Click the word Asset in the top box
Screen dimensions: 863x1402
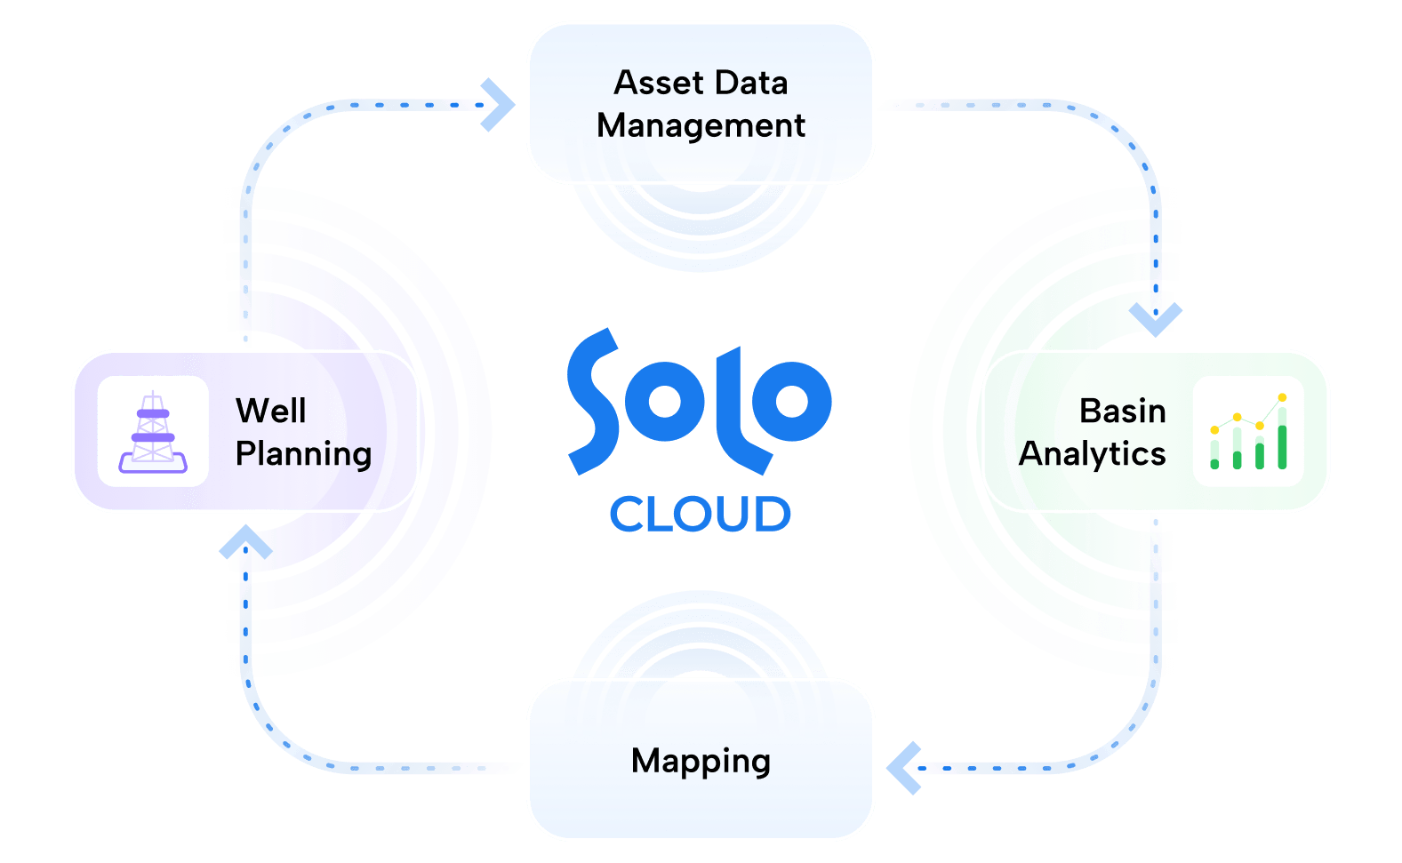click(x=654, y=83)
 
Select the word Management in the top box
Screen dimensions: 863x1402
click(x=701, y=125)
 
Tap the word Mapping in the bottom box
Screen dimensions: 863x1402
click(x=701, y=762)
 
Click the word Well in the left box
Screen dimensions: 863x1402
click(x=270, y=411)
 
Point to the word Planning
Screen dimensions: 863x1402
click(x=303, y=453)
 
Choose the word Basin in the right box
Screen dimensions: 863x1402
click(x=1122, y=411)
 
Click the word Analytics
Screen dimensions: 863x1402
click(x=1092, y=453)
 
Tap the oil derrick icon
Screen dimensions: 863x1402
click(x=153, y=432)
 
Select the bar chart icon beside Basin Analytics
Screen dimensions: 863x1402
click(x=1248, y=432)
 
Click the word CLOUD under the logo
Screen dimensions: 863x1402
click(x=700, y=515)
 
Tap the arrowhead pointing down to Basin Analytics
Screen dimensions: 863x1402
click(x=1156, y=318)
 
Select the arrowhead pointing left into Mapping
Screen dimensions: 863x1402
click(x=903, y=767)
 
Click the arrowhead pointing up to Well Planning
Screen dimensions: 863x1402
click(x=245, y=542)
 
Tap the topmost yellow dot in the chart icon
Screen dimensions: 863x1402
click(x=1282, y=397)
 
